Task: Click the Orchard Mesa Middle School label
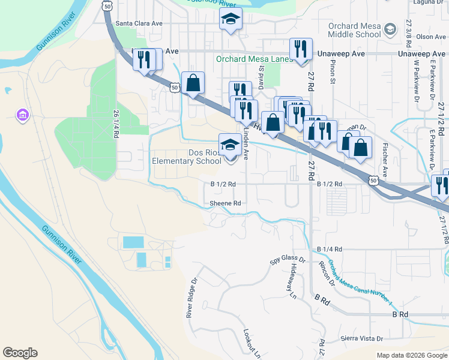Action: [x=355, y=30]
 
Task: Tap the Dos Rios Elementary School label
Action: [x=187, y=157]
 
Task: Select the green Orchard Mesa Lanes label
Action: [x=254, y=59]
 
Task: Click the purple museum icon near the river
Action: [x=23, y=115]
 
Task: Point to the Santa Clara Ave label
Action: [x=139, y=23]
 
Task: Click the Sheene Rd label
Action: [x=225, y=203]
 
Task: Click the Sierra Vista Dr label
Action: [x=361, y=338]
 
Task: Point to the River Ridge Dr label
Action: [x=191, y=298]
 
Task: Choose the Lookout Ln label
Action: [x=252, y=343]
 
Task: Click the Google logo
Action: [x=20, y=353]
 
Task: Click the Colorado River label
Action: [x=203, y=2]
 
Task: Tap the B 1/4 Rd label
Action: [x=330, y=248]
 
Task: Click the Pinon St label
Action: [x=331, y=72]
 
